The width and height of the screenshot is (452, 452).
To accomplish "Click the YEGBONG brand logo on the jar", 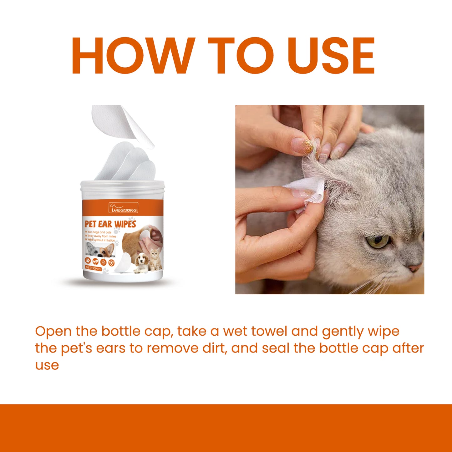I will point(123,208).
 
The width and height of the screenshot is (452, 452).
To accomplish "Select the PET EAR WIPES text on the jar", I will point(110,224).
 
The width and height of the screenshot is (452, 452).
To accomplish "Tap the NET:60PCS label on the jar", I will point(93,268).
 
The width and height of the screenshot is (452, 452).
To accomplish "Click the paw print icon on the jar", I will point(88,261).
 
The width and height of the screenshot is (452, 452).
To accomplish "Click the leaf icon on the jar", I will point(95,262).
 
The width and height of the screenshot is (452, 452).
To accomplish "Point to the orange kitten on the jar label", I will point(155,259).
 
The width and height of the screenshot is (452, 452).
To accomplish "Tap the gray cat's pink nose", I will point(414,268).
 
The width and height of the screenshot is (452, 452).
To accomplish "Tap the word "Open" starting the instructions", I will point(53,332).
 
